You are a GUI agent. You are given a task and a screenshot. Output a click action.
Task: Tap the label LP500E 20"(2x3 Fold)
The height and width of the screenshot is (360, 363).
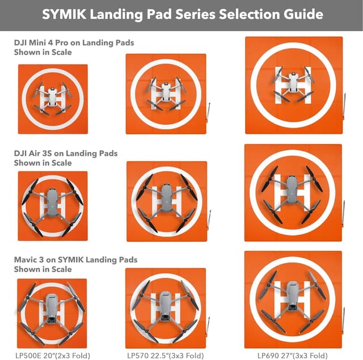52,355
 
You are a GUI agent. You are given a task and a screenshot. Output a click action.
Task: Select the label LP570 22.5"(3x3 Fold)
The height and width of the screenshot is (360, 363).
165,355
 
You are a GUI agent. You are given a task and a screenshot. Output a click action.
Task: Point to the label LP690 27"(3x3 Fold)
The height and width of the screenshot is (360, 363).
292,355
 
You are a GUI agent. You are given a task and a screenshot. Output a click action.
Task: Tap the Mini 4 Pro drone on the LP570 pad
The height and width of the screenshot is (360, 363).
166,90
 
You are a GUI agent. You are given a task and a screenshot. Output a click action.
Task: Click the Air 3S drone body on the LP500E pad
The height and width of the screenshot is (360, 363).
52,202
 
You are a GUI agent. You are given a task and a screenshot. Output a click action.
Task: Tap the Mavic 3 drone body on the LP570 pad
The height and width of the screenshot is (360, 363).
166,306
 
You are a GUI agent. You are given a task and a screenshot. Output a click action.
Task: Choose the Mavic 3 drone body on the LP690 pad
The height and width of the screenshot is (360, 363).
293,299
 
